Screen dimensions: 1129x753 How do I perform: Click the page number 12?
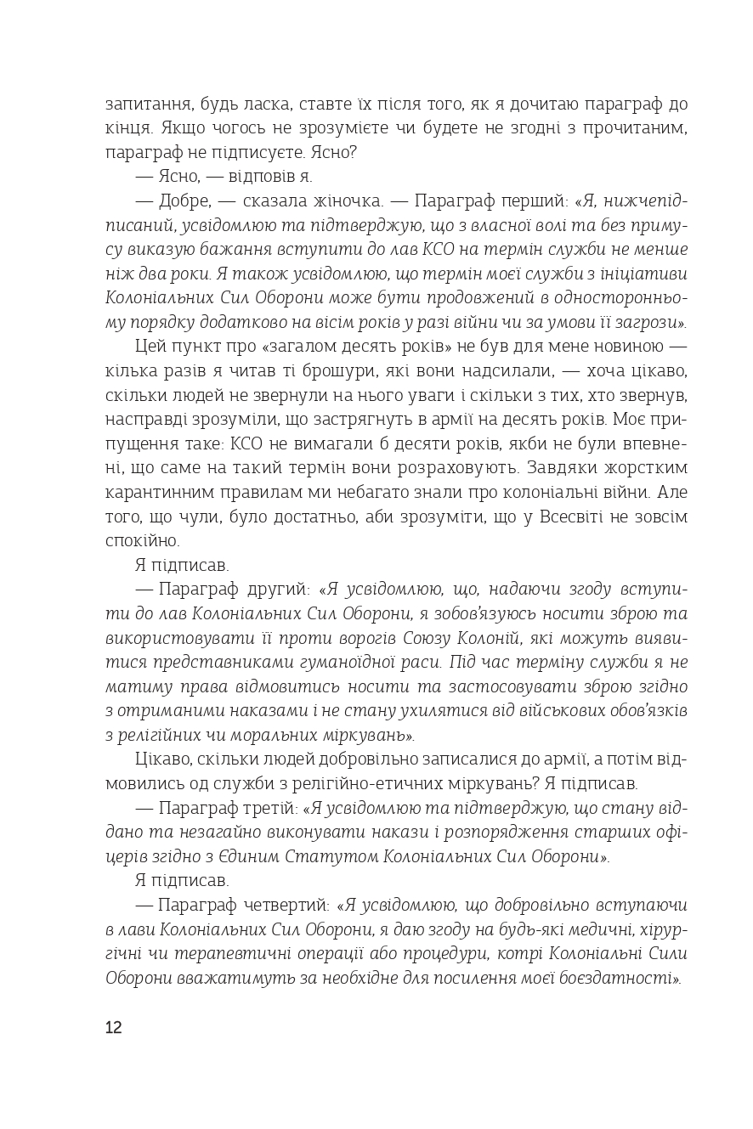[x=114, y=1027]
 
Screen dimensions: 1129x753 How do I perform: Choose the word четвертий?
[x=281, y=906]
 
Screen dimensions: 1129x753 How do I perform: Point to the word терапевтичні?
[x=236, y=954]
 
